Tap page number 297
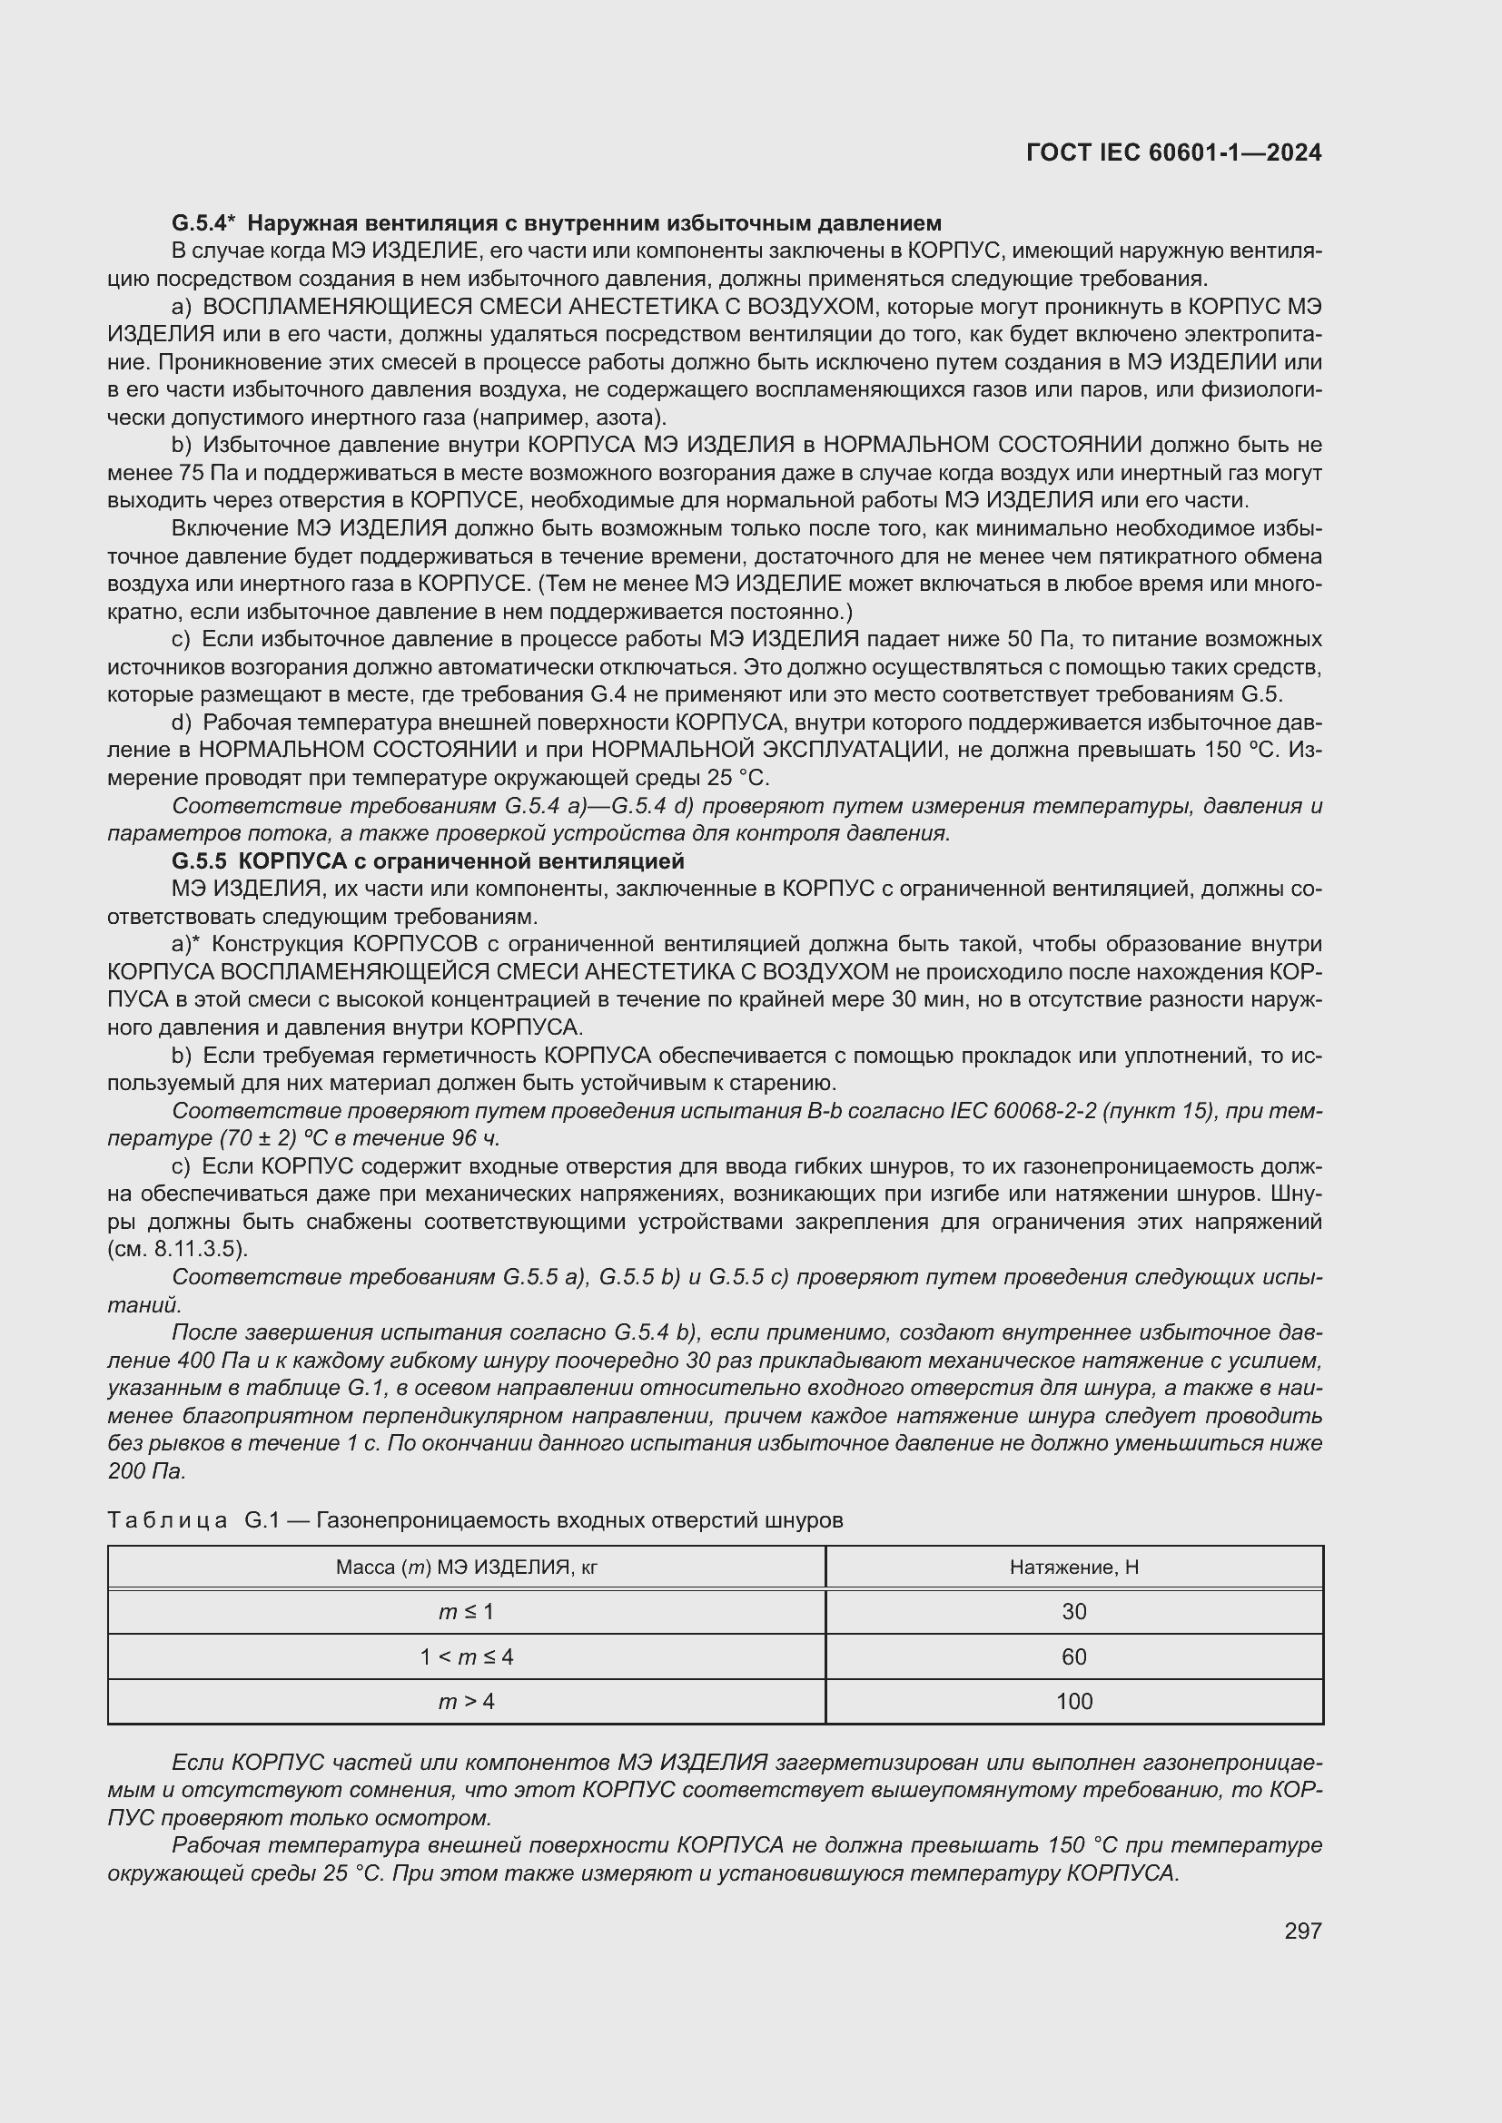[x=1302, y=1931]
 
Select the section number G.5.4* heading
[x=203, y=223]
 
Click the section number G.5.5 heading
[x=199, y=860]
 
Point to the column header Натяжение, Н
[x=1073, y=1567]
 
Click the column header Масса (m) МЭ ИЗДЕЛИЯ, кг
[x=466, y=1567]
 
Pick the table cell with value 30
[x=1073, y=1612]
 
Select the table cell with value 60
[x=1073, y=1656]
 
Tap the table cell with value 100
[x=1073, y=1701]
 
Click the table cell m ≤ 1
[x=466, y=1612]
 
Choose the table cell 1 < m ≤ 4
[x=466, y=1656]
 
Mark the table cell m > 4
[x=466, y=1701]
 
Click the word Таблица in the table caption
[x=167, y=1520]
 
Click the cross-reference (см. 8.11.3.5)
[x=178, y=1249]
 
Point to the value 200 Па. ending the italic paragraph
[x=147, y=1471]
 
